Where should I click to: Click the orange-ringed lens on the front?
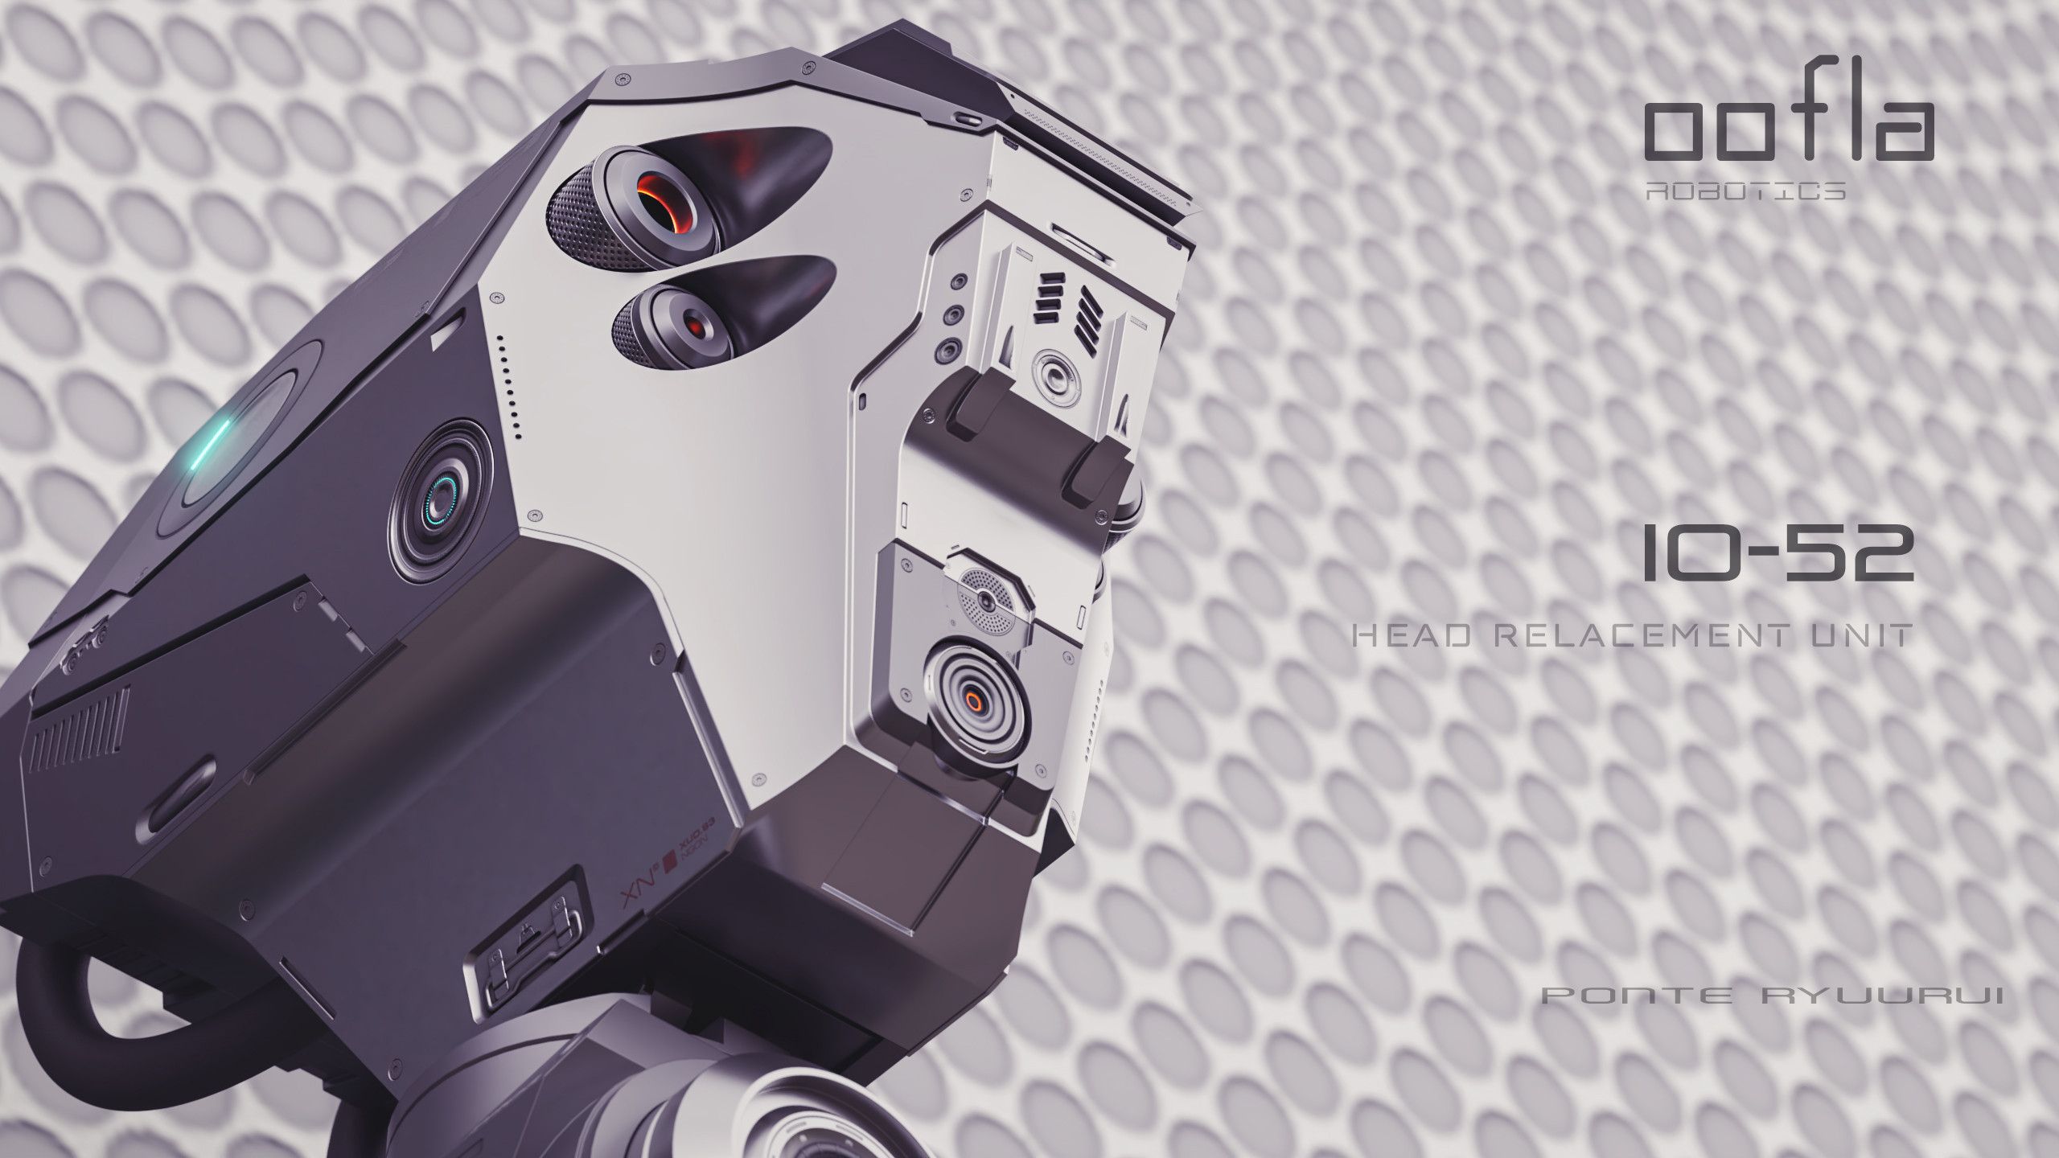pyautogui.click(x=974, y=700)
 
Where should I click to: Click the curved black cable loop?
pyautogui.click(x=97, y=1021)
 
